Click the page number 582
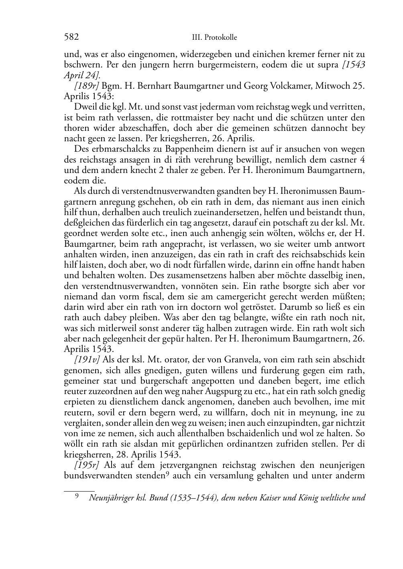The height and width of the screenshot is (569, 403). (x=71, y=37)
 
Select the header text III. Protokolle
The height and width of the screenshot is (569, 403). (x=214, y=38)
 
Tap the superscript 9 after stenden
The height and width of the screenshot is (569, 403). (x=170, y=474)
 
